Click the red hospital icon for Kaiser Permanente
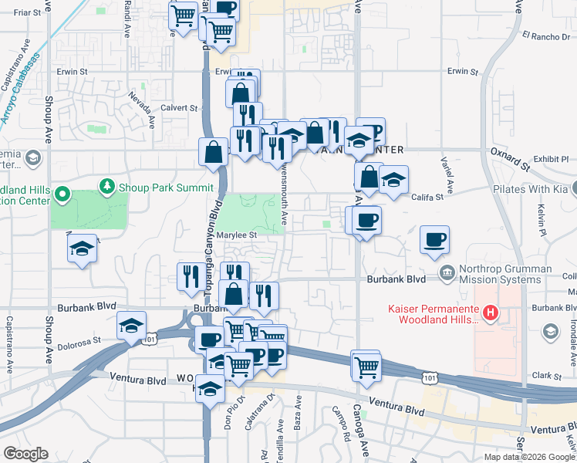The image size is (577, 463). pos(489,313)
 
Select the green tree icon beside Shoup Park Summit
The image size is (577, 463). pos(106,187)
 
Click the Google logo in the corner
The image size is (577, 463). pos(25,454)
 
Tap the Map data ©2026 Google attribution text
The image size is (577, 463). pos(529,457)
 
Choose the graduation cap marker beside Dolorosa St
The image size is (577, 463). pos(132,326)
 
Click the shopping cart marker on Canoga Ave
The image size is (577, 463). pos(366,366)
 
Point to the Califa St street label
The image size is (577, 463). pos(428,198)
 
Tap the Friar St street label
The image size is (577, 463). pos(26,12)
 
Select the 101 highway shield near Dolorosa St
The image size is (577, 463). pos(151,338)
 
